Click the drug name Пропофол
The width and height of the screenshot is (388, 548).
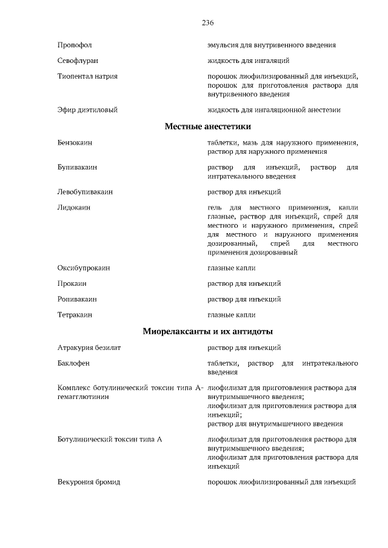[x=75, y=45]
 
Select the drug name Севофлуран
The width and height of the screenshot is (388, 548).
[x=78, y=61]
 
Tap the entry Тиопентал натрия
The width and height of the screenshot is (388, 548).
[x=87, y=77]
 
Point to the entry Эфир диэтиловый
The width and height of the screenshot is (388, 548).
[x=87, y=110]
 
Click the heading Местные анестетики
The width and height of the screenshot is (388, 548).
[x=207, y=127]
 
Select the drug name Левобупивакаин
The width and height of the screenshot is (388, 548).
[x=85, y=192]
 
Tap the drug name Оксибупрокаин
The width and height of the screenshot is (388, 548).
[x=84, y=268]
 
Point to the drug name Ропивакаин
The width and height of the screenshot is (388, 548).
[x=77, y=299]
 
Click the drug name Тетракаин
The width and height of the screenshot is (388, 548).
[x=75, y=315]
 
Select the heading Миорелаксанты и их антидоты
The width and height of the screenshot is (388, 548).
[x=207, y=331]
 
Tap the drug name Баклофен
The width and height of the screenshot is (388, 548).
[x=73, y=363]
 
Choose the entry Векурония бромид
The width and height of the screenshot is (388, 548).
[x=89, y=482]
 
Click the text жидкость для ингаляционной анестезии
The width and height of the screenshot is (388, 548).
[x=274, y=110]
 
